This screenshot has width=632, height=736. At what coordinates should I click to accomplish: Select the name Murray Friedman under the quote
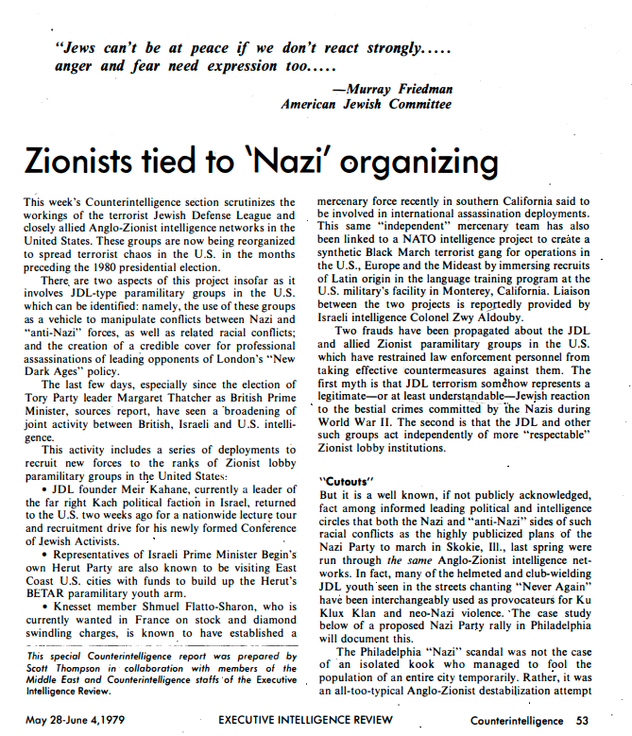401,89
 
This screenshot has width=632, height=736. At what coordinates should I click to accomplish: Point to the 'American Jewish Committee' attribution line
367,104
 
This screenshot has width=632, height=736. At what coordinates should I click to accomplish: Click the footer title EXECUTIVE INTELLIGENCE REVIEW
311,721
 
